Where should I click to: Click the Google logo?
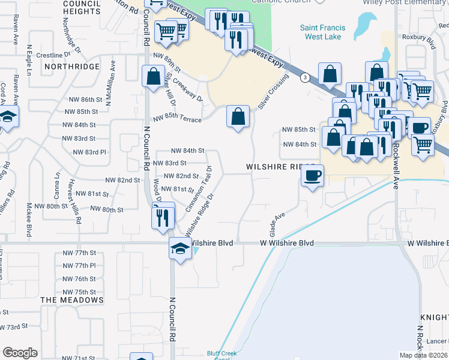[x=20, y=353]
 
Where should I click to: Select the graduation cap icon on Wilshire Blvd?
[x=179, y=248]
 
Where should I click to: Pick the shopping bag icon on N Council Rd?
[x=152, y=77]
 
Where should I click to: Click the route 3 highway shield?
[x=306, y=77]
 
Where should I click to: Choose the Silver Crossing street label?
[x=274, y=91]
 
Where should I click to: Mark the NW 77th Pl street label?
[x=80, y=265]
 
